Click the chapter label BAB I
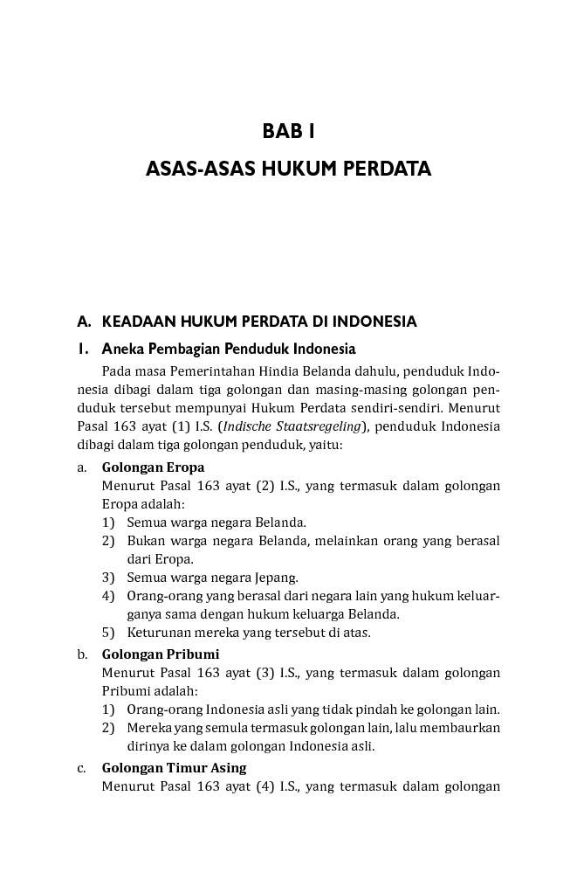(288, 132)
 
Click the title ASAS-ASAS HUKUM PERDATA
(288, 169)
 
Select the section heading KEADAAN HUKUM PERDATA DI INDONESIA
(259, 321)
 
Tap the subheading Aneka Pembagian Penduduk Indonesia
(229, 349)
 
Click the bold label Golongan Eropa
(153, 467)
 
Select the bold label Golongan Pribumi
(160, 654)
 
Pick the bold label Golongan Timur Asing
(174, 767)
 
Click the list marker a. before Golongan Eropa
(81, 467)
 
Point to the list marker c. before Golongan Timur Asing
(81, 768)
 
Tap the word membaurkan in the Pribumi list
(464, 727)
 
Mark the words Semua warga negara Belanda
(216, 523)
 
